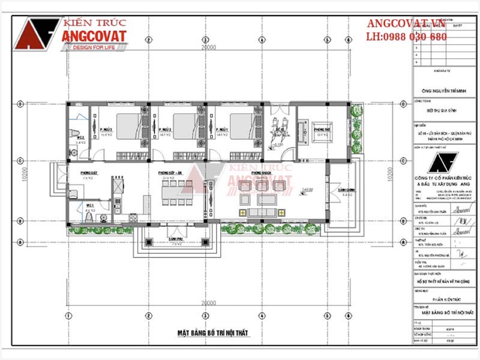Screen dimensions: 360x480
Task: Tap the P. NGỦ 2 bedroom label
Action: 166,130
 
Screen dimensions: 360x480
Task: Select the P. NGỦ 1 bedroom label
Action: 223,130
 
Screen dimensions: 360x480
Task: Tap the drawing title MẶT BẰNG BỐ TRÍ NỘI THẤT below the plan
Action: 212,332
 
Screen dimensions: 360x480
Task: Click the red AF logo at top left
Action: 36,33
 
